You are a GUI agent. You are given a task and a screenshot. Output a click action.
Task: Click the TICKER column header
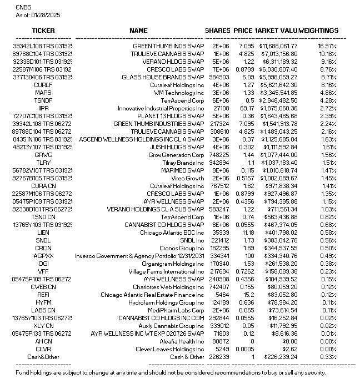pos(44,31)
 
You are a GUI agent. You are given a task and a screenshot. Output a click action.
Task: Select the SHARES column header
pos(217,31)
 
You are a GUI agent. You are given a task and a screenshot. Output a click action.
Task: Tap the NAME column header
pos(138,31)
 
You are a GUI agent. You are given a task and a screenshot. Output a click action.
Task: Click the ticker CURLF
pos(43,85)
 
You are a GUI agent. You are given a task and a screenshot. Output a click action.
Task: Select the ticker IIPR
pos(43,108)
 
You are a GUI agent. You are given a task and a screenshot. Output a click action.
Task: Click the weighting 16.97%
pos(327,46)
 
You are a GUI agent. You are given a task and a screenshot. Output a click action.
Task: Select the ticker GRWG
pos(43,155)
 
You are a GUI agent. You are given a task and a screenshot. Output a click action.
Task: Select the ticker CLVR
pos(43,349)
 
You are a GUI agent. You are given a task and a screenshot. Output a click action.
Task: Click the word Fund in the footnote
pos(22,372)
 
